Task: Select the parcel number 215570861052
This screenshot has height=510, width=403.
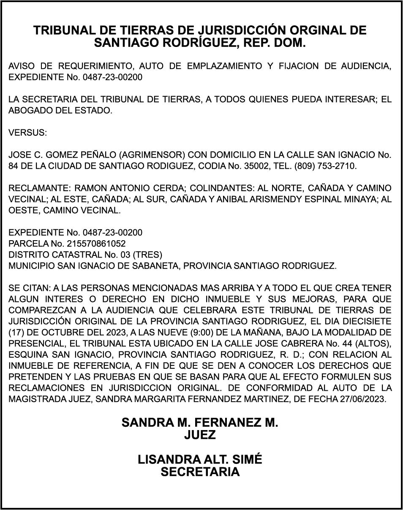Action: tap(100, 244)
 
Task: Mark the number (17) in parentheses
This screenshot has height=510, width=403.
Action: tap(15, 332)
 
